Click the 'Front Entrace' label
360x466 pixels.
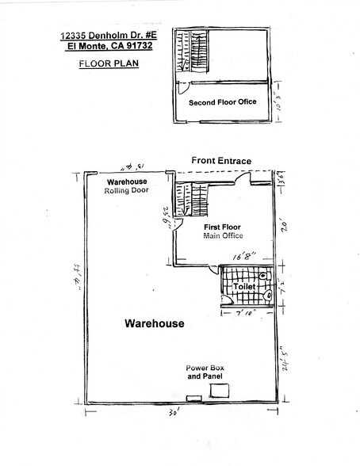point(221,161)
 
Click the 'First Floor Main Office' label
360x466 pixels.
point(223,231)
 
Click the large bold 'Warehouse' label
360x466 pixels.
point(154,324)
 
